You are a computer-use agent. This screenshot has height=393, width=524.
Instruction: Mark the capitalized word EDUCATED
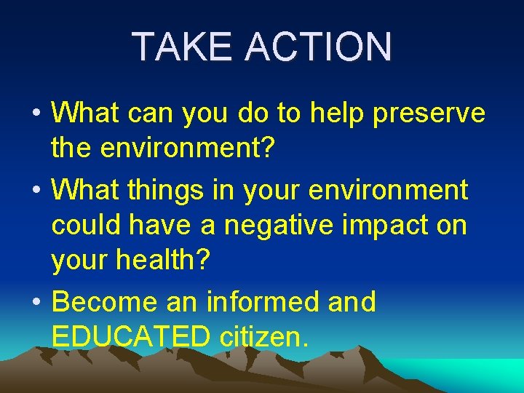(130, 338)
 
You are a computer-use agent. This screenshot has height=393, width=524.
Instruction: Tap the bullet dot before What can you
(35, 114)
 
